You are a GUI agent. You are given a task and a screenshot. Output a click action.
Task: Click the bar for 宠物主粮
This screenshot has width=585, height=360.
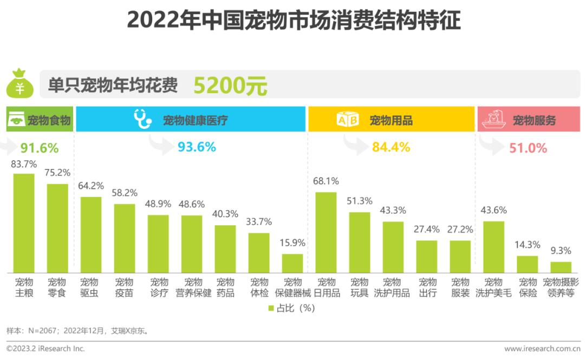click(24, 223)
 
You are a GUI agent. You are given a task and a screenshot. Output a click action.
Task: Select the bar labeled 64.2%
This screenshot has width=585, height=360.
click(91, 234)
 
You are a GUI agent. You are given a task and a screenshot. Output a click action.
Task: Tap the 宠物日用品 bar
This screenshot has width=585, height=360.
click(326, 232)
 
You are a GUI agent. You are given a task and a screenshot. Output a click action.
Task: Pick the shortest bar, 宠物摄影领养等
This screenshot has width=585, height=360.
click(561, 267)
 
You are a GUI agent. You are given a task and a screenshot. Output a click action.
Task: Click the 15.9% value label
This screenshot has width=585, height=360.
click(293, 243)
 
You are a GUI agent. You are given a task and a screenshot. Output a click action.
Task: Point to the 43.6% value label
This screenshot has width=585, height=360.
click(493, 210)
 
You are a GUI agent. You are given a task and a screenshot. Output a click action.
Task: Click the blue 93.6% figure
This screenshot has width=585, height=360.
click(197, 147)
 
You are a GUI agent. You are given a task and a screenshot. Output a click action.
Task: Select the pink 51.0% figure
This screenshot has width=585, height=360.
click(528, 148)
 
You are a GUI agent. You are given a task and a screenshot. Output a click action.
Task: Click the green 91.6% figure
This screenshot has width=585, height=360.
click(40, 148)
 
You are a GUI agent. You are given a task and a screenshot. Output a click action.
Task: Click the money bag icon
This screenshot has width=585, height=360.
click(19, 84)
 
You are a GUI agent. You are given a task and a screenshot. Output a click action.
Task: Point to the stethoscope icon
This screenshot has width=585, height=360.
click(142, 119)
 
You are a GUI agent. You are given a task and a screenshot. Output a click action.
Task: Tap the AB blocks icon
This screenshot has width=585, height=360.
click(348, 120)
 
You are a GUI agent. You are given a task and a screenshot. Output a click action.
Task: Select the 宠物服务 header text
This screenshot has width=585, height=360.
click(534, 120)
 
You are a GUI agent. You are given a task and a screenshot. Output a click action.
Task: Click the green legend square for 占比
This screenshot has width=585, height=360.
click(271, 308)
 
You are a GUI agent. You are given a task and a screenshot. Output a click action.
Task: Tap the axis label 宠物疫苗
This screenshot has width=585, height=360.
click(125, 287)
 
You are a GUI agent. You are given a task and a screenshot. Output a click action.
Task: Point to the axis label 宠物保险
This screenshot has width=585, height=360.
click(527, 287)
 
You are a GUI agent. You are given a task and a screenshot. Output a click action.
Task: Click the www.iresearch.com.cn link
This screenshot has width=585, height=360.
click(542, 349)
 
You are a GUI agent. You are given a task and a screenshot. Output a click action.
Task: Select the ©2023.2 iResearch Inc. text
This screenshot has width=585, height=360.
click(45, 349)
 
